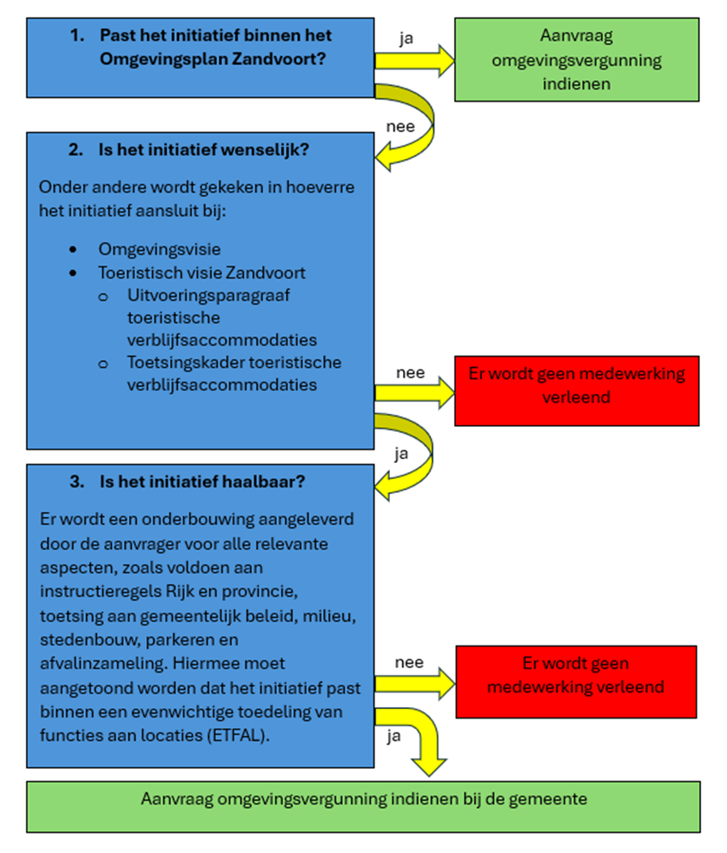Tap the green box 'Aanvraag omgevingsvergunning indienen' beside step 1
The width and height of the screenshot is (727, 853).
coord(577,60)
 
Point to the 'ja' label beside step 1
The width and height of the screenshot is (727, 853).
coord(406,37)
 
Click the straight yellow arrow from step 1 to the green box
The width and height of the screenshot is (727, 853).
coord(414,61)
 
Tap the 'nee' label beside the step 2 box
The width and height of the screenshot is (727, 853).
coord(410,373)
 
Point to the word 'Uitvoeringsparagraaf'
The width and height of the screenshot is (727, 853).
coord(196,295)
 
